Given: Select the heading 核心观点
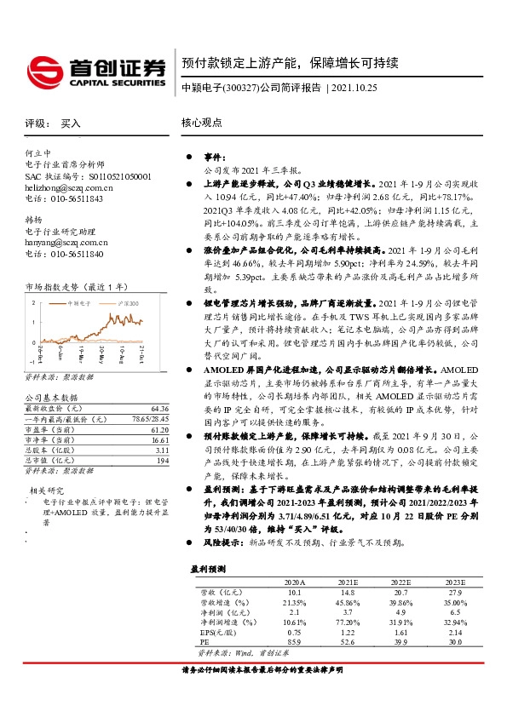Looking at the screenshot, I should tap(201, 123).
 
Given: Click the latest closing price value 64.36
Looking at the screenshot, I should tap(161, 409).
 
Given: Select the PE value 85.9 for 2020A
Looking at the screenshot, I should tap(295, 643).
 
